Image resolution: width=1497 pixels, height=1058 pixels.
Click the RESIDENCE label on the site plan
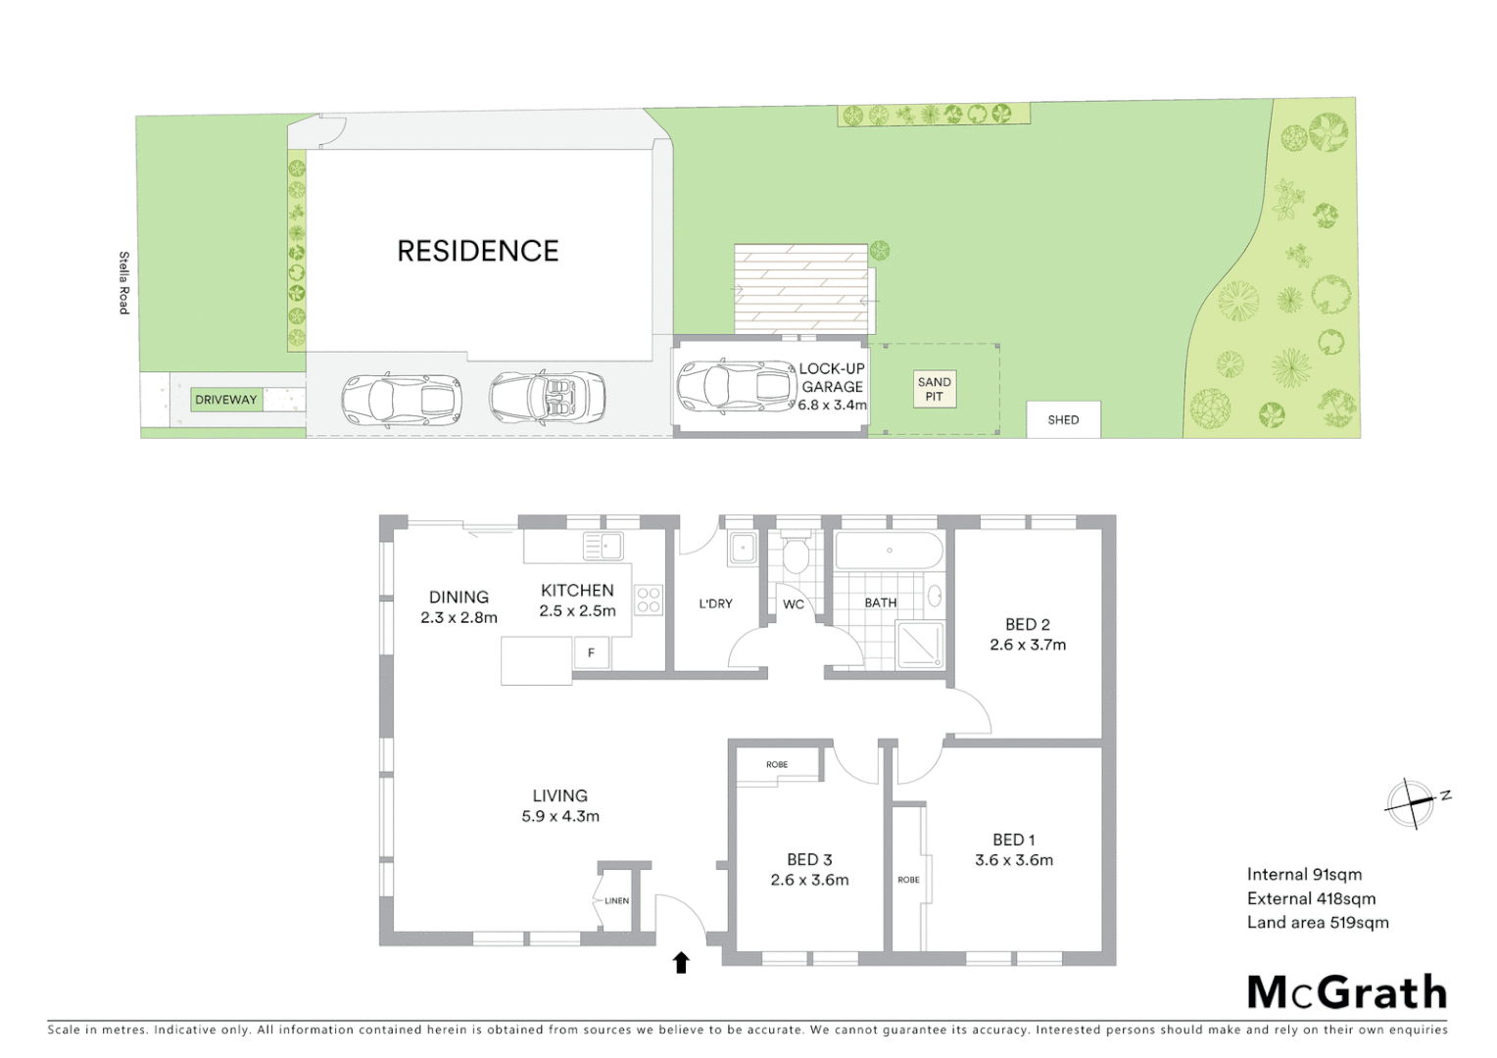point(477,251)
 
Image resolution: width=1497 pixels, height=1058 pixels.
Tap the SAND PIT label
point(934,389)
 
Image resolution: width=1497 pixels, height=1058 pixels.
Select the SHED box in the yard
point(1063,419)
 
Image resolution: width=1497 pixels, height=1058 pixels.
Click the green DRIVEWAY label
point(226,400)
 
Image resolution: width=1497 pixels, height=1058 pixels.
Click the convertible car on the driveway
point(547,397)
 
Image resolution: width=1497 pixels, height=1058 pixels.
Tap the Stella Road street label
point(124,283)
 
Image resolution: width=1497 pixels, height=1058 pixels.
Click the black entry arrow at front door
point(681,962)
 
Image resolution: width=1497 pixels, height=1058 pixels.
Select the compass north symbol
point(1411,803)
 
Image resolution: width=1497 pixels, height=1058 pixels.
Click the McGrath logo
point(1346,992)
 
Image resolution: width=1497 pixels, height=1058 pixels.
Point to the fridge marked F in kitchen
point(591,652)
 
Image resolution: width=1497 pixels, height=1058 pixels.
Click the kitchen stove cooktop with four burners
point(649,600)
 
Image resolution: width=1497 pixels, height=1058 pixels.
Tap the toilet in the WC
point(795,554)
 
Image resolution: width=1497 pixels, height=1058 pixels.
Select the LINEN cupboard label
point(616,900)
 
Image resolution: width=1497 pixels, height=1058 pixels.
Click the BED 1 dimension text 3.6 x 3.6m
point(1014,860)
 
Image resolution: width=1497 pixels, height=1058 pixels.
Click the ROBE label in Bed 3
point(777,764)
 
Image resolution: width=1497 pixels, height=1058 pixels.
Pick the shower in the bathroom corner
point(920,646)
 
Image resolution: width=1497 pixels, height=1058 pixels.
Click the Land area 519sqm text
point(1318,922)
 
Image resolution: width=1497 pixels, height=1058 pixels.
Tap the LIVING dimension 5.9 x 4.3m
point(560,816)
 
